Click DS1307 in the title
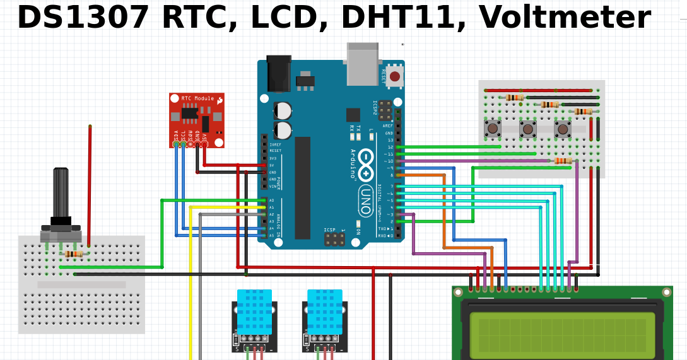(83, 18)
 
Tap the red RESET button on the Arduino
(394, 76)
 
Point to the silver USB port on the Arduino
(363, 64)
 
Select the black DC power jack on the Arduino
(278, 74)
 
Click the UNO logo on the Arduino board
(365, 192)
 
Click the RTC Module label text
(197, 98)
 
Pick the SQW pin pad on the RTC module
(190, 144)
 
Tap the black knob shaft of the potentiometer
(61, 192)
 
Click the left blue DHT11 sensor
(254, 312)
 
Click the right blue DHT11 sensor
(324, 312)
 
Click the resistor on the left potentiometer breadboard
(74, 253)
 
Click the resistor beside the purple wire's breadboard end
(563, 161)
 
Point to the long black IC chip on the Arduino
(302, 188)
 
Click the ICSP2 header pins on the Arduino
(384, 110)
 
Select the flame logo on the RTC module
(220, 100)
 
